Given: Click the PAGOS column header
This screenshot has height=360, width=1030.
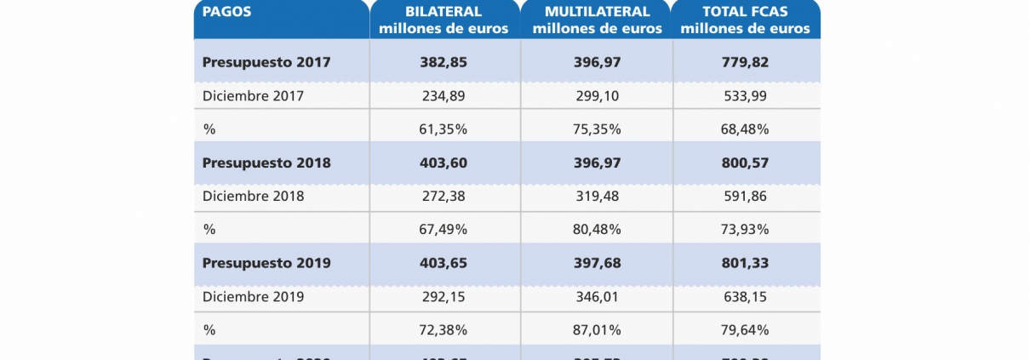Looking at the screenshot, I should [227, 12].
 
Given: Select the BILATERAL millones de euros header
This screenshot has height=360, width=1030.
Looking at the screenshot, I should [443, 20].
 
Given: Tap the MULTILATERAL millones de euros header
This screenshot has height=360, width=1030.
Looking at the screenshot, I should [595, 20].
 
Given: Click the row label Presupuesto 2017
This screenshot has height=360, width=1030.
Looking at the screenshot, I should [266, 62].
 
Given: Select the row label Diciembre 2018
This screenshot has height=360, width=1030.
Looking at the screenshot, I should [253, 196].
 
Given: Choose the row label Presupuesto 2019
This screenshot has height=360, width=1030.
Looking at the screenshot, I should [266, 263].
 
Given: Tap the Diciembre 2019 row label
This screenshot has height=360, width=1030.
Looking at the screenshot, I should [253, 296].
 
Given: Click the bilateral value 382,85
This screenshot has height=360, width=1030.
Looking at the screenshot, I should [443, 62].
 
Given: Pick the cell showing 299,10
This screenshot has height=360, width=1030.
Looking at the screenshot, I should [597, 96].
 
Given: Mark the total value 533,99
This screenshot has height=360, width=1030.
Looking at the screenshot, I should [746, 96].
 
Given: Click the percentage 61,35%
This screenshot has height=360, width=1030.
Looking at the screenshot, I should [443, 129].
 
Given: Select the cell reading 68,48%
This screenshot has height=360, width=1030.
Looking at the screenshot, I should [746, 129].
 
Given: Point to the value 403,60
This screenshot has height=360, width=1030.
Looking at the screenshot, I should [443, 163].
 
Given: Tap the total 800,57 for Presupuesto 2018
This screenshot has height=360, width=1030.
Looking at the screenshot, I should [746, 163].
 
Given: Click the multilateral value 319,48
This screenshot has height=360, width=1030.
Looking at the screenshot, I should [597, 196].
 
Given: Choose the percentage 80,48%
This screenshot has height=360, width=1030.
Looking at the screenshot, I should [597, 229].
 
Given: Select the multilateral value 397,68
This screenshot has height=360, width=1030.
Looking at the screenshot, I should [597, 263].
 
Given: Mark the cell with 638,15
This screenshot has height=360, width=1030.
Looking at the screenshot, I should [746, 296].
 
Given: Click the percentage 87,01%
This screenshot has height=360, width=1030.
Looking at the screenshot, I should [597, 329].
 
